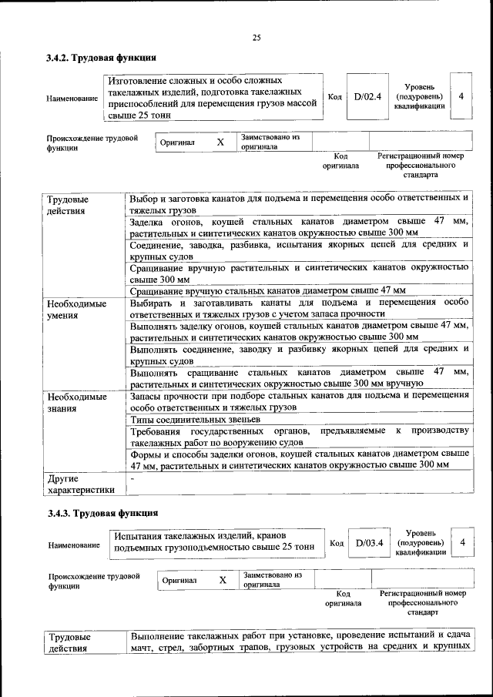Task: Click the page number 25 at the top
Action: [x=257, y=37]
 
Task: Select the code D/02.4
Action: [x=367, y=97]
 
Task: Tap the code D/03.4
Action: [x=370, y=543]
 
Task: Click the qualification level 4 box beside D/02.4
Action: [x=461, y=97]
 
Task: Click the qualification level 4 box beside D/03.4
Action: [x=462, y=543]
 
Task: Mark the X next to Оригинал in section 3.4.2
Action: [x=220, y=142]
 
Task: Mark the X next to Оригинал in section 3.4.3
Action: [x=223, y=580]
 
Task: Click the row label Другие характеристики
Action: [x=81, y=483]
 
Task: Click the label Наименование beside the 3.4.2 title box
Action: [x=72, y=99]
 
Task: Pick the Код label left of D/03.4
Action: [x=337, y=543]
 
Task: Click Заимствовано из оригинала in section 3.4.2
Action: [x=269, y=142]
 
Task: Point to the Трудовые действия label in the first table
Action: [x=67, y=204]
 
